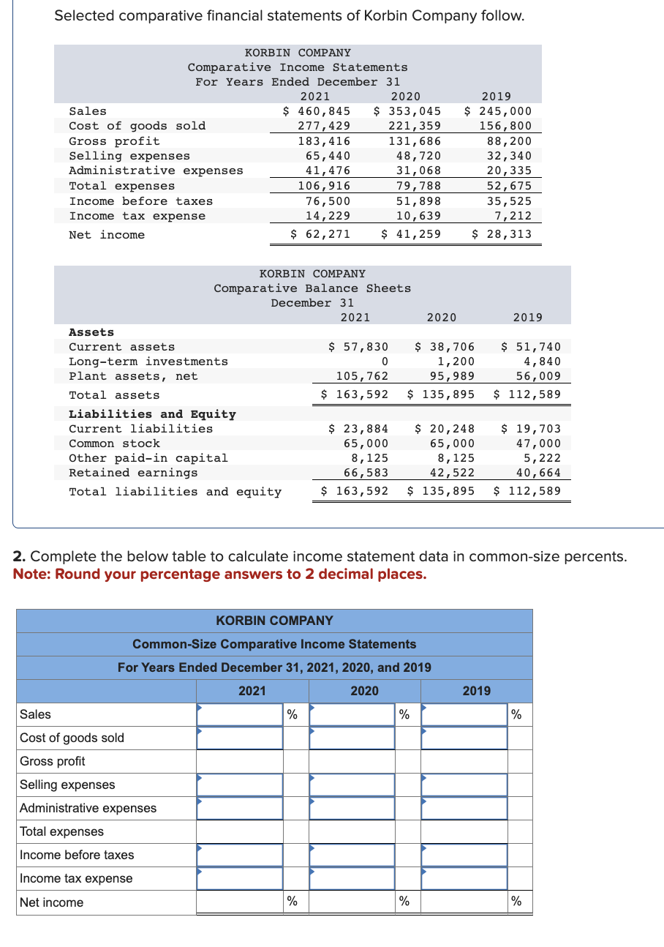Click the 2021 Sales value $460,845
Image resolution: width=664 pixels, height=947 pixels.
tap(317, 111)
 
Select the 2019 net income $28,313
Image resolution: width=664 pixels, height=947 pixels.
tap(502, 234)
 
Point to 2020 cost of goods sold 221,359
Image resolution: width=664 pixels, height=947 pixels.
tap(415, 126)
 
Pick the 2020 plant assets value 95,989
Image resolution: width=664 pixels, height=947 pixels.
tap(452, 376)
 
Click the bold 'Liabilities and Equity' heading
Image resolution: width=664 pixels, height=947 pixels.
tap(152, 414)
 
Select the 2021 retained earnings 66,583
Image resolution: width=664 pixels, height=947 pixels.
tap(366, 473)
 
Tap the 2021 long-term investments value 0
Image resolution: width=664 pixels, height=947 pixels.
tap(384, 362)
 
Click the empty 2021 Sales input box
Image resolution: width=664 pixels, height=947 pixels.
tap(240, 715)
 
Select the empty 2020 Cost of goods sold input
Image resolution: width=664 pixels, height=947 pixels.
tap(352, 738)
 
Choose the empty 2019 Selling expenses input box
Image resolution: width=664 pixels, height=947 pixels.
tap(464, 785)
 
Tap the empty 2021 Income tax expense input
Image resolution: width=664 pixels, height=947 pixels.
tap(240, 878)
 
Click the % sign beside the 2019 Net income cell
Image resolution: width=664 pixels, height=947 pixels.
tap(516, 902)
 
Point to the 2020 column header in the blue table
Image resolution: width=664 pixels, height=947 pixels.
tap(364, 691)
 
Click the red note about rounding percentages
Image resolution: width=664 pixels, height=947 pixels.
tap(219, 574)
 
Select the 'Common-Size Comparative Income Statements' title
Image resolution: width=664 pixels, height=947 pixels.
tap(274, 644)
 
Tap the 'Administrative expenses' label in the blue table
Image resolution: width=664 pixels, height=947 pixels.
tap(88, 808)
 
